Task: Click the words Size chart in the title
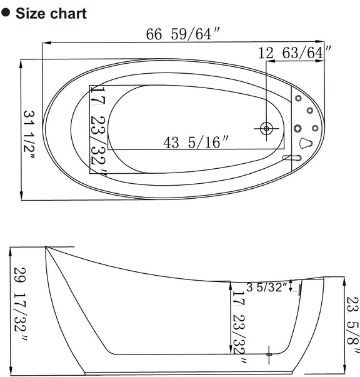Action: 51,13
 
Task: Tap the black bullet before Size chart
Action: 7,13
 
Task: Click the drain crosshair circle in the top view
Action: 267,128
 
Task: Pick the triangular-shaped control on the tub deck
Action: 306,143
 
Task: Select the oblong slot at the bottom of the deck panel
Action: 291,158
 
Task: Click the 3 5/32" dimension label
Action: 267,288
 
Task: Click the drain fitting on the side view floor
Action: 269,354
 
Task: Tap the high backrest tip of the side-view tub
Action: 46,248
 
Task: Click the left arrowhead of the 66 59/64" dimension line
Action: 45,43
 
